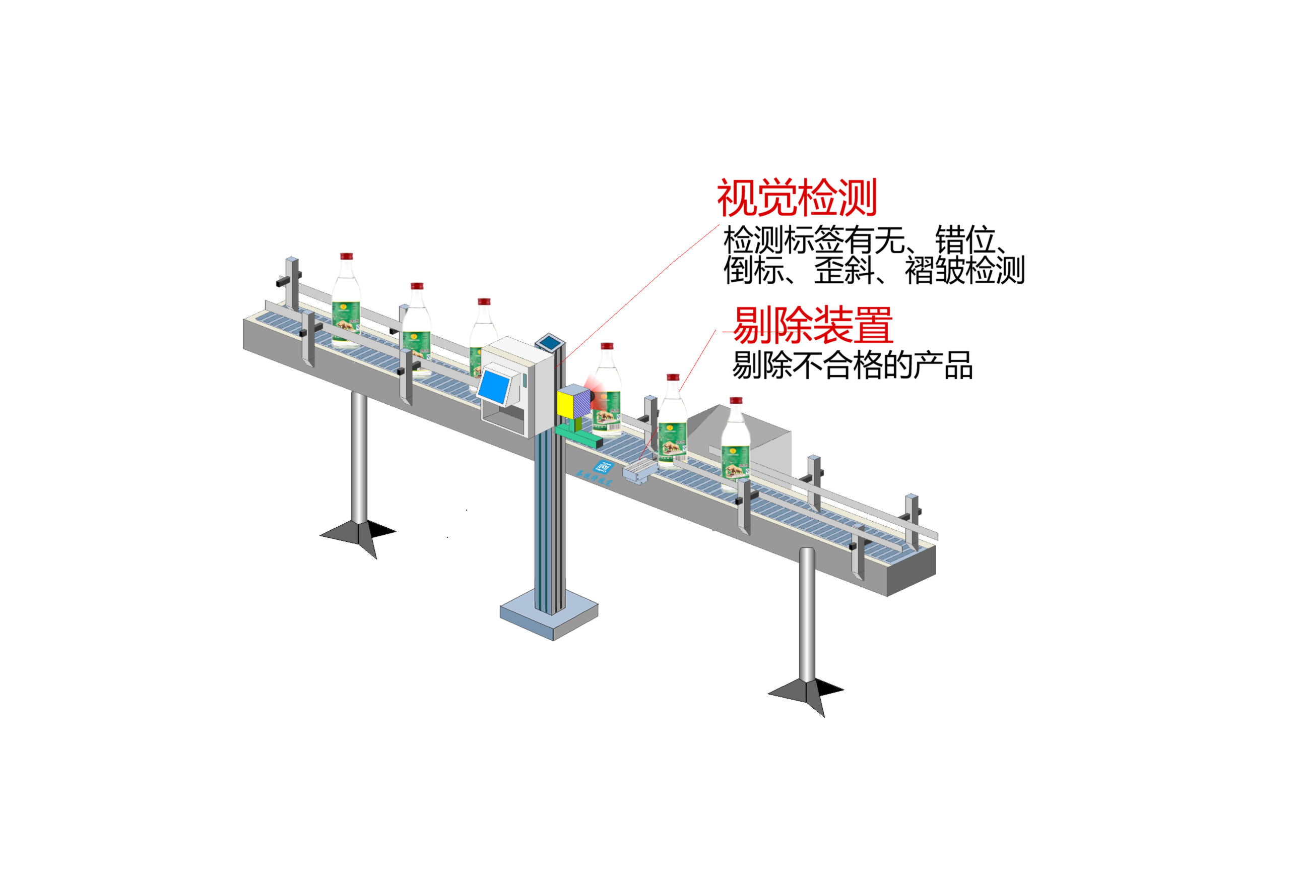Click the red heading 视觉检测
click(797, 198)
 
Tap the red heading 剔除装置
click(813, 325)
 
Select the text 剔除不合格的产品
click(852, 365)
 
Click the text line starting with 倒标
click(874, 271)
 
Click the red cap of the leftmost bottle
click(346, 256)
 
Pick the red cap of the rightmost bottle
click(736, 400)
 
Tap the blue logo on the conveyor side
click(603, 467)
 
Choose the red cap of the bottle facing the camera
click(607, 346)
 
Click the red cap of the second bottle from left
click(417, 286)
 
